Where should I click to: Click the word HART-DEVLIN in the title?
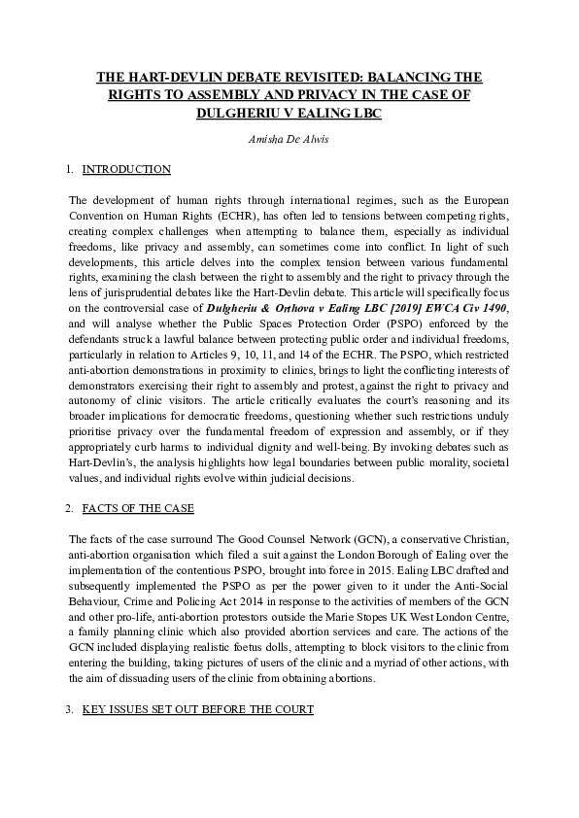[171, 76]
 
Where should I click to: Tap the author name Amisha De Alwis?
[289, 139]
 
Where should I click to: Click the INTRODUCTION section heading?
[126, 170]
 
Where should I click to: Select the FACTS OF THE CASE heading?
[138, 508]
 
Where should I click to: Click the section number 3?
[69, 710]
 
